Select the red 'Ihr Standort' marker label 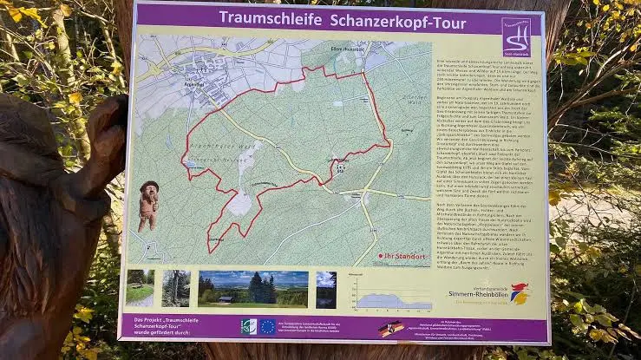404,256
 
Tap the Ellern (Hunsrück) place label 322,49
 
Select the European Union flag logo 267,326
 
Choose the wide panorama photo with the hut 253,288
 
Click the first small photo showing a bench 140,288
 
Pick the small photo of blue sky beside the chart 326,289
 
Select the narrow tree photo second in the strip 176,288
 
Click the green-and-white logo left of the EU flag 248,326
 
